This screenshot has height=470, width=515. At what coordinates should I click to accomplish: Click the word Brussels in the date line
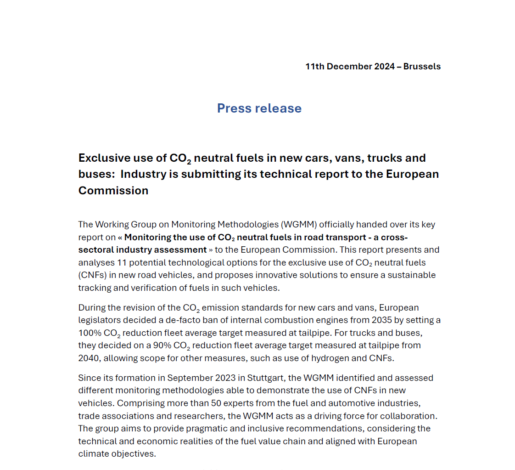point(422,67)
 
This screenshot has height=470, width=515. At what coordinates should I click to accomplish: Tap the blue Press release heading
point(259,108)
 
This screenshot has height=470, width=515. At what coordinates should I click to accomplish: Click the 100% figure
point(89,333)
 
